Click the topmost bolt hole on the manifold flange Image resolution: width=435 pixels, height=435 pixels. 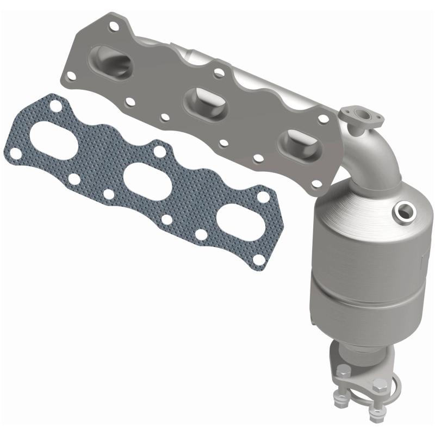(x=114, y=24)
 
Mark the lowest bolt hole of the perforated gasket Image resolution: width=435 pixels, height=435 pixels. (x=260, y=260)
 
